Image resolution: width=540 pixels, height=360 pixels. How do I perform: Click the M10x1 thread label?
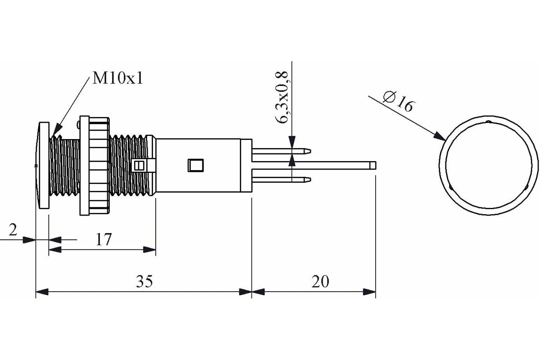[x=117, y=78]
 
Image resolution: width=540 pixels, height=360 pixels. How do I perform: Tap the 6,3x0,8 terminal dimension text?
[x=282, y=97]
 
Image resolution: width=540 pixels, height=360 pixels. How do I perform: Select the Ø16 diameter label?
[x=399, y=102]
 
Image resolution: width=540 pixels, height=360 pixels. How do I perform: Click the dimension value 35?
[x=144, y=281]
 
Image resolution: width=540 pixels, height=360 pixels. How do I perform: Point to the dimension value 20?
[x=320, y=281]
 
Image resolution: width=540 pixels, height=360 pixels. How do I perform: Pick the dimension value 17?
[x=103, y=239]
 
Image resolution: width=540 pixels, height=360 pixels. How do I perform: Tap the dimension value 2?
[x=13, y=229]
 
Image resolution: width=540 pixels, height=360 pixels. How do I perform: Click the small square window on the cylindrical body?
[x=195, y=166]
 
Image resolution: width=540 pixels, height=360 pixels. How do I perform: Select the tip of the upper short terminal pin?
[x=310, y=151]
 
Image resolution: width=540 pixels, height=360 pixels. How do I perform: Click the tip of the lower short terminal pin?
[x=310, y=180]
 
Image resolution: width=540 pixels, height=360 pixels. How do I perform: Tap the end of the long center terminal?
[x=375, y=166]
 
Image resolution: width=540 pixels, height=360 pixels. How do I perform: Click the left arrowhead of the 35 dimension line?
[x=42, y=292]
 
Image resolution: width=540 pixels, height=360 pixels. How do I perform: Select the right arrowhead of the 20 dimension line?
[x=369, y=292]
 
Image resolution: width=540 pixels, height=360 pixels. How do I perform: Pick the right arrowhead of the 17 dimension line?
[x=149, y=250]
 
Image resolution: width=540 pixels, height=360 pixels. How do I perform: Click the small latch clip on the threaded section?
[x=143, y=166]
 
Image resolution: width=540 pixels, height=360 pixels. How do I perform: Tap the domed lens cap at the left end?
[x=42, y=166]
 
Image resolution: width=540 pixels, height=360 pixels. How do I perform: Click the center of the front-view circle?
[x=489, y=166]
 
